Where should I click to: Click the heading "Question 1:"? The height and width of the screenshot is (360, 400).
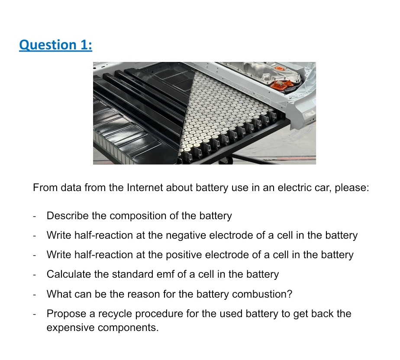pyautogui.click(x=55, y=45)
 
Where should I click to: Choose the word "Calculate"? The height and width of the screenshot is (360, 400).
pyautogui.click(x=68, y=274)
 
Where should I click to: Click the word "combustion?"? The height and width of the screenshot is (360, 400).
pyautogui.click(x=262, y=294)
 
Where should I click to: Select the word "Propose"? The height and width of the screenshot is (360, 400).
pyautogui.click(x=65, y=314)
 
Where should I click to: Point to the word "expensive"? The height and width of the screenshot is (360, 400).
pyautogui.click(x=71, y=328)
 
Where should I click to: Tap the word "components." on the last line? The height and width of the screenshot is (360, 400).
pyautogui.click(x=128, y=328)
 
